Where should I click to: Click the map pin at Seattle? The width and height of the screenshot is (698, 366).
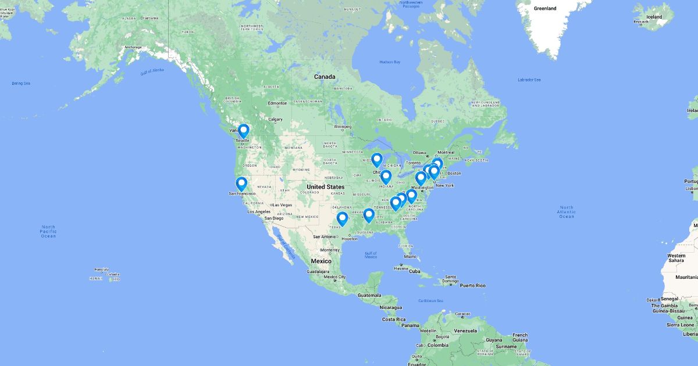tap(243, 131)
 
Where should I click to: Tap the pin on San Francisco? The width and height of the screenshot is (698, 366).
tap(241, 184)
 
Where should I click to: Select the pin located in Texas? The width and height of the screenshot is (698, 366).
tap(342, 218)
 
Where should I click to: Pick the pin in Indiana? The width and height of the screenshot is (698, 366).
tap(386, 177)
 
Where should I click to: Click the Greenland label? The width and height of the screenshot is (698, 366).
tap(545, 8)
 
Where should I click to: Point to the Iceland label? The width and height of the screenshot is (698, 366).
tap(654, 17)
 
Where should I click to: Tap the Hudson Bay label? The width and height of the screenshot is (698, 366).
tap(390, 62)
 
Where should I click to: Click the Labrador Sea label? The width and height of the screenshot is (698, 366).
tap(529, 80)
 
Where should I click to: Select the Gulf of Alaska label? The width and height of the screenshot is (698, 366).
tap(152, 71)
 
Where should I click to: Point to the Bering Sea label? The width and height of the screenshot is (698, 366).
tap(21, 83)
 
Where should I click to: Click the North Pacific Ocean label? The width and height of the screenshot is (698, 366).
tap(48, 231)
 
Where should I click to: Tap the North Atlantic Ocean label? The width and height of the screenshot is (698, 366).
tap(566, 211)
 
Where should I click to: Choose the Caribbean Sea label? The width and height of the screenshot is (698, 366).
tap(430, 300)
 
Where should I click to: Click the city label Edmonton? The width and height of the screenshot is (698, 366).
tap(277, 103)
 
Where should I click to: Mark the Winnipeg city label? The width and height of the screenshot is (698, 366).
tap(342, 126)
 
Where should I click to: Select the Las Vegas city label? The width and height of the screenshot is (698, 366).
tap(281, 204)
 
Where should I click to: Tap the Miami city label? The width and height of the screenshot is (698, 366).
tap(414, 256)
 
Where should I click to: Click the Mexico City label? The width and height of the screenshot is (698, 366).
tap(334, 277)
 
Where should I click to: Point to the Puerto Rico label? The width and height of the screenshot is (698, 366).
tap(472, 285)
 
